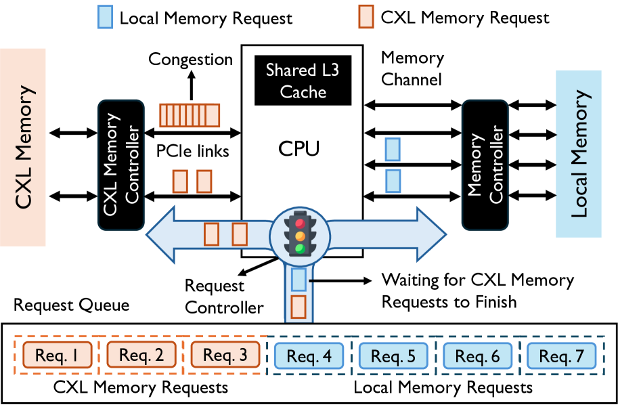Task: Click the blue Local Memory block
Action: pos(579,153)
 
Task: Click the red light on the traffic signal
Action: pos(299,222)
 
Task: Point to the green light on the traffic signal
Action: pos(299,248)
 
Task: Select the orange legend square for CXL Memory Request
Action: pos(366,18)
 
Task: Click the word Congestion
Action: pos(191,60)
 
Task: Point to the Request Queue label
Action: pos(71,305)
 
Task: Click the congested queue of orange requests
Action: pos(190,115)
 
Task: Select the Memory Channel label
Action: pos(412,68)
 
